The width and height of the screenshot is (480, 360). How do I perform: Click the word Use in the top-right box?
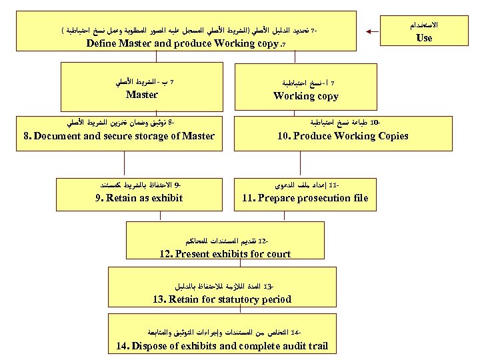click(x=424, y=38)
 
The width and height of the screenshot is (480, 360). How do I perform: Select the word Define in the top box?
click(x=105, y=43)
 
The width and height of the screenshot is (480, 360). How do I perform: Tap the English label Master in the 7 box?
click(x=141, y=95)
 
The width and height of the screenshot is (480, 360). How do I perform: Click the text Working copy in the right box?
click(x=306, y=96)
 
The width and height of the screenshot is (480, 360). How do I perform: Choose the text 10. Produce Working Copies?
click(x=343, y=136)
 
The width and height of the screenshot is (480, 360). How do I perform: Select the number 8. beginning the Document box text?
click(x=27, y=136)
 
